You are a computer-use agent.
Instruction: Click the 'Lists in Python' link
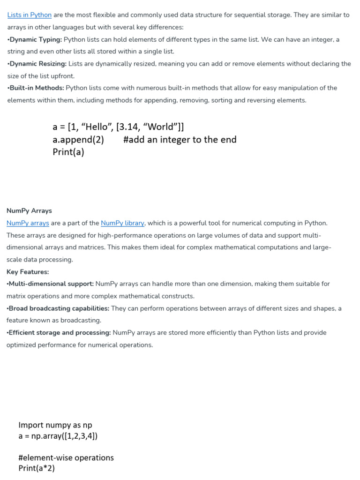[x=30, y=15]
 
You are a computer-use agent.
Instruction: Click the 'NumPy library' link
[x=122, y=223]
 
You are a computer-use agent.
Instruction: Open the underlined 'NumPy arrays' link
[x=28, y=223]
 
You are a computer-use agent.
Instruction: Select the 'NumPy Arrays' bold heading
[x=29, y=211]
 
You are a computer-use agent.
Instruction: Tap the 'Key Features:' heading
[x=28, y=272]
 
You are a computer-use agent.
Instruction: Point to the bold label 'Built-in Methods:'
[x=37, y=88]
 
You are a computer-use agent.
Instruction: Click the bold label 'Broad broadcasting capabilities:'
[x=59, y=308]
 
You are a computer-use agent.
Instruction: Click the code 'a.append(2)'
[x=78, y=140]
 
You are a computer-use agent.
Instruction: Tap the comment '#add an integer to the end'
[x=180, y=140]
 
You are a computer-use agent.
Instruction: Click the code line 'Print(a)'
[x=68, y=152]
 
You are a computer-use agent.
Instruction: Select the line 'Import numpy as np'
[x=55, y=425]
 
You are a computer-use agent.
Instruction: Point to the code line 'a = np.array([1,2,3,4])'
[x=58, y=436]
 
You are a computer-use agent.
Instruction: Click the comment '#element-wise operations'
[x=66, y=457]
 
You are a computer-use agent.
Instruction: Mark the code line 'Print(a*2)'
[x=37, y=468]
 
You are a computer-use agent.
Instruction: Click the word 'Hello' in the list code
[x=95, y=127]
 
